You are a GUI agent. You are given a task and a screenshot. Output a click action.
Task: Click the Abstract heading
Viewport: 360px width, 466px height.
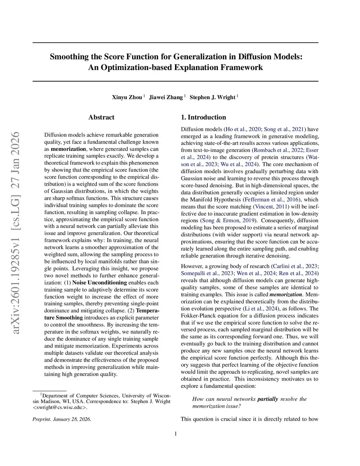tap(101, 117)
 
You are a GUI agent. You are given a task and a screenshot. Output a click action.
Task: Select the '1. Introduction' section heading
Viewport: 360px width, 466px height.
tap(203, 117)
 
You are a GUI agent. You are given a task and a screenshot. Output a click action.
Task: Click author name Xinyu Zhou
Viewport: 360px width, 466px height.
tap(127, 97)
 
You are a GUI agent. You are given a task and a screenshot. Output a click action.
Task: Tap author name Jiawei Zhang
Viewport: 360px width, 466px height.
tap(166, 97)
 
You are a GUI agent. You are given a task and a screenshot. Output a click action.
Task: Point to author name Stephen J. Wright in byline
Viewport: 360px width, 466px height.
tap(212, 97)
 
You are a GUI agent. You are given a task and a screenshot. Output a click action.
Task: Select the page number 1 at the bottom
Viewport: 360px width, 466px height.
tap(175, 434)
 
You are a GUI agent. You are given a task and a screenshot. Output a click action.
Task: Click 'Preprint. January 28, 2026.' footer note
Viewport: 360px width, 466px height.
tap(62, 419)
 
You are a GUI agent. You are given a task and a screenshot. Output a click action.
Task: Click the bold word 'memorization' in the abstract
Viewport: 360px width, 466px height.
tap(68, 149)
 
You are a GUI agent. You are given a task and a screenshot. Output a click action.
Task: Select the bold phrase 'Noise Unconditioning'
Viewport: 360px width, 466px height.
tap(99, 283)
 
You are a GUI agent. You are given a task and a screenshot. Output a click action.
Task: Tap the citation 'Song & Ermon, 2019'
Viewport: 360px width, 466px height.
tap(229, 221)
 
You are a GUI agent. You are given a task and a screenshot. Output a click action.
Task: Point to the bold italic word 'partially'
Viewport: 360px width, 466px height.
tap(268, 399)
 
